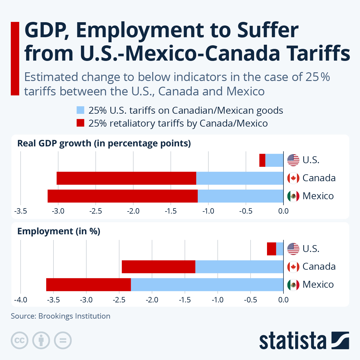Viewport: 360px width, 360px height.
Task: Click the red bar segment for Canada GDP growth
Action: (126, 178)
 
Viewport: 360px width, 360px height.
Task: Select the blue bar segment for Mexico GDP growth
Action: (240, 196)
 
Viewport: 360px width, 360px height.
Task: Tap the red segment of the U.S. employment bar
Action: (271, 249)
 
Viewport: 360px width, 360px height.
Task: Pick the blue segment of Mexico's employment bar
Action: (207, 285)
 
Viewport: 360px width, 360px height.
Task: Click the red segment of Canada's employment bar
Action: (158, 267)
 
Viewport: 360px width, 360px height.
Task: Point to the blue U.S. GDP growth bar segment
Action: (274, 160)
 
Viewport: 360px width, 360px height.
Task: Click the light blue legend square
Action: (80, 110)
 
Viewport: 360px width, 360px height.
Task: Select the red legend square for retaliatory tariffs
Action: (80, 123)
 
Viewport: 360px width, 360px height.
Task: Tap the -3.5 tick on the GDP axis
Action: (20, 211)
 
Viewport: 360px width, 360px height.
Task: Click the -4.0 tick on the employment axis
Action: (20, 300)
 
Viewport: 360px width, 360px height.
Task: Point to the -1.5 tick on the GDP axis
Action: (171, 211)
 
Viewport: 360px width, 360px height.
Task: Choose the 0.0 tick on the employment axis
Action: (283, 300)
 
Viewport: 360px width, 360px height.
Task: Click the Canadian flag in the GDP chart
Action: (293, 178)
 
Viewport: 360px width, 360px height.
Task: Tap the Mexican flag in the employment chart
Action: (293, 284)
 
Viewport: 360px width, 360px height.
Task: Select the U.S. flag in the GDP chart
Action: (293, 160)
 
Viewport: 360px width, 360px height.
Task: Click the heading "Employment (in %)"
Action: (59, 231)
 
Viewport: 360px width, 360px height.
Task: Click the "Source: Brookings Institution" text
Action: (61, 316)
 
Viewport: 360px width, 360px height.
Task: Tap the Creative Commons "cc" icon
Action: (19, 340)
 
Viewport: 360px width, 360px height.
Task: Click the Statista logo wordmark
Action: (292, 341)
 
